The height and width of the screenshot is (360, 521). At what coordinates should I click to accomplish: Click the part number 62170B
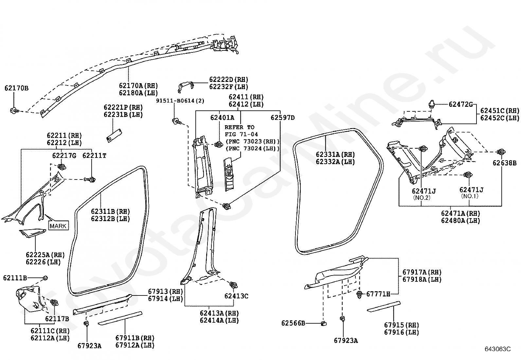click(x=16, y=88)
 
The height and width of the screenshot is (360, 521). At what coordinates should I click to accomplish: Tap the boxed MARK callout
click(x=58, y=225)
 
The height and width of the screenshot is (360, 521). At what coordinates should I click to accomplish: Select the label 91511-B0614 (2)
click(x=180, y=101)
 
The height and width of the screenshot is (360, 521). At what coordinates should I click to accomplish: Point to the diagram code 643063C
click(x=498, y=349)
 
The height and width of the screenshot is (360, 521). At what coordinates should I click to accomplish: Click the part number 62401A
click(x=222, y=118)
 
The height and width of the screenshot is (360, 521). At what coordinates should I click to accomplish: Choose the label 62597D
click(x=283, y=118)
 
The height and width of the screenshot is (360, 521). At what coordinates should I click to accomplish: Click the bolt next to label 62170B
click(x=14, y=110)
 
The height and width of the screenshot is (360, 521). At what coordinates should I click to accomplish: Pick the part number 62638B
click(x=505, y=163)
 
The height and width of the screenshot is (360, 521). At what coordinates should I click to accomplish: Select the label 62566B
click(x=293, y=323)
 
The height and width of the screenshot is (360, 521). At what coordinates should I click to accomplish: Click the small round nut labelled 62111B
click(x=45, y=278)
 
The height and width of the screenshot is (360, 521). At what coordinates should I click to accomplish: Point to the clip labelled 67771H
click(x=359, y=295)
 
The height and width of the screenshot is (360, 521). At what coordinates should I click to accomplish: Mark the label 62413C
click(x=236, y=296)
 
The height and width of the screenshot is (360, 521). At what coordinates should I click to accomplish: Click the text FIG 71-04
click(x=241, y=134)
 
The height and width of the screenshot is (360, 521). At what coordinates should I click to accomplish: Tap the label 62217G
click(x=64, y=155)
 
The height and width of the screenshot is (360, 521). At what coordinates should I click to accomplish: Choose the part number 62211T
click(x=94, y=155)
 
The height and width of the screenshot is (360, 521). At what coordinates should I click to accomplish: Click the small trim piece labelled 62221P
click(x=114, y=135)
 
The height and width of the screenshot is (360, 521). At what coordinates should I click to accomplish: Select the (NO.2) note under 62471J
click(x=422, y=198)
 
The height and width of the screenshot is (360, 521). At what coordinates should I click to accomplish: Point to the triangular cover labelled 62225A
click(x=33, y=233)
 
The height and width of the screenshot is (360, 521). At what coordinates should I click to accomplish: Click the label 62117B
click(x=57, y=318)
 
